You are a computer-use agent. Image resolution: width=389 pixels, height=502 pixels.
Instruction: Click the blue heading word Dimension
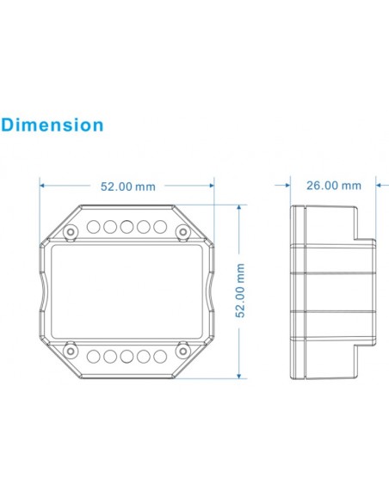(x=52, y=125)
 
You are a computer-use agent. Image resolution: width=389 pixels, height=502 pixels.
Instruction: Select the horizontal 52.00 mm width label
(x=127, y=185)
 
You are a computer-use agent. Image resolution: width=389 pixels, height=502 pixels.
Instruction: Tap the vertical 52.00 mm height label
(x=242, y=291)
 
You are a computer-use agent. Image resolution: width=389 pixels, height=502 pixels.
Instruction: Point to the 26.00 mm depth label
(x=334, y=185)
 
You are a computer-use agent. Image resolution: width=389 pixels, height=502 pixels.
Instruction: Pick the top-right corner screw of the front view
(x=182, y=231)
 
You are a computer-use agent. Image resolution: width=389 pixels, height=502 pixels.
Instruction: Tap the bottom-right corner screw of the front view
(x=182, y=350)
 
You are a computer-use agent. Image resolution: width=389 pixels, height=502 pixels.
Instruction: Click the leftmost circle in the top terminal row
(x=95, y=227)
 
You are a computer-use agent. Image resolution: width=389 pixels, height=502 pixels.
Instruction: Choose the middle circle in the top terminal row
(x=127, y=227)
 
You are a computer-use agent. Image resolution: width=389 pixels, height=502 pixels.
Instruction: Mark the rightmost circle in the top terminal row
(x=158, y=227)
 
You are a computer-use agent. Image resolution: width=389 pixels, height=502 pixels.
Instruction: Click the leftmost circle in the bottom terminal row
(x=95, y=355)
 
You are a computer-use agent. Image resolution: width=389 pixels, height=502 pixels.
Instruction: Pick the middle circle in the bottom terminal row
(x=127, y=355)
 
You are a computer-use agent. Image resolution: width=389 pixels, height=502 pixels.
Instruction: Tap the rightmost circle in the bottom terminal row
(x=158, y=355)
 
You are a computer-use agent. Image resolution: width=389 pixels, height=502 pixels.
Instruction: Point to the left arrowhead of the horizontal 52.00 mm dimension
(x=43, y=185)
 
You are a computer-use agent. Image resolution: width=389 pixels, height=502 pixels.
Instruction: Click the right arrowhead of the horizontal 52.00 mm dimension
(x=211, y=185)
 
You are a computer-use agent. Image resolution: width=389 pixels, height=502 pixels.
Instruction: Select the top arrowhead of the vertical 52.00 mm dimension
(x=242, y=207)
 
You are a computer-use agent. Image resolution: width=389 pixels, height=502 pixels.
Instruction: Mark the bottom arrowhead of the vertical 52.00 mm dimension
(x=242, y=376)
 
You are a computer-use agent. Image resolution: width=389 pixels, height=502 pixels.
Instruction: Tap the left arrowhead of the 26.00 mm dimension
(x=289, y=185)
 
